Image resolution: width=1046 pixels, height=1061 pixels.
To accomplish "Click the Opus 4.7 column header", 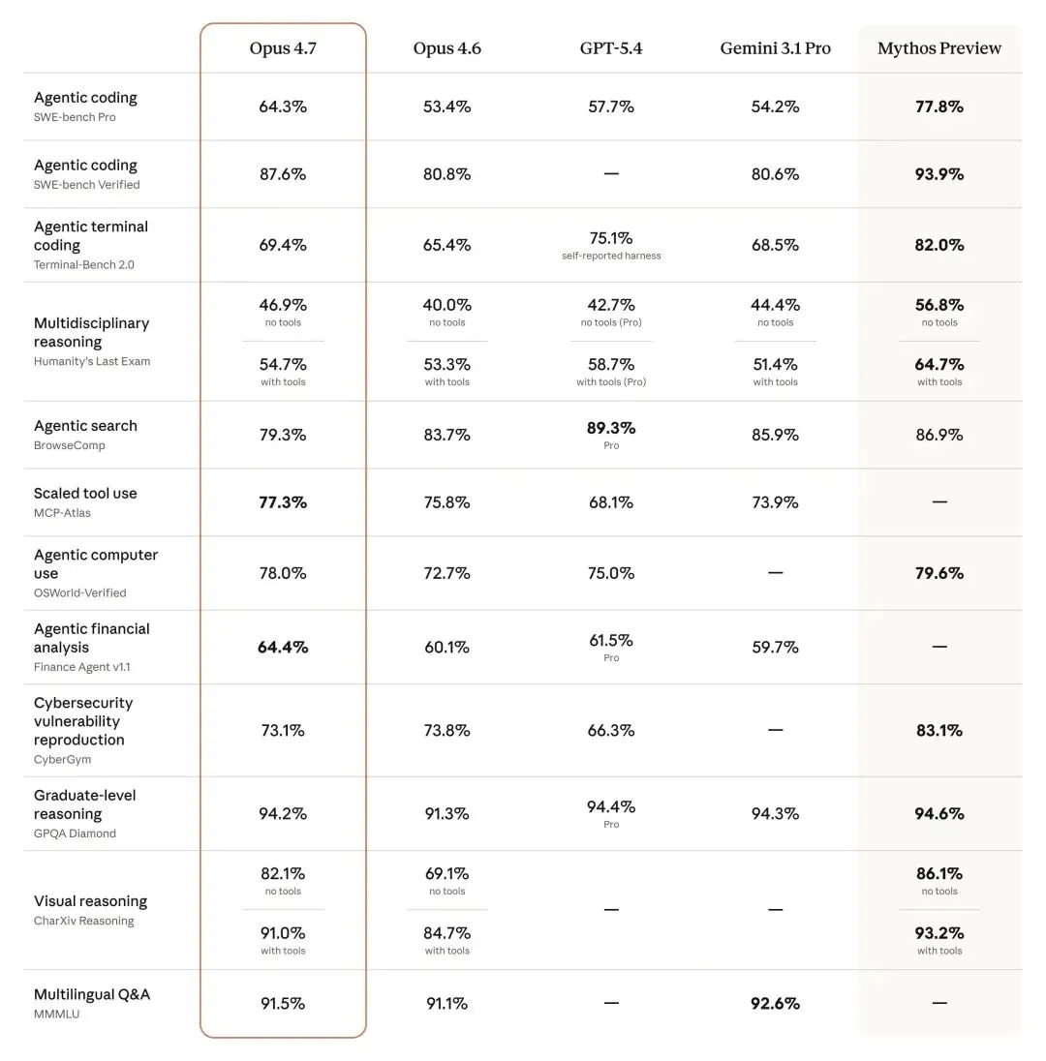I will (x=283, y=48).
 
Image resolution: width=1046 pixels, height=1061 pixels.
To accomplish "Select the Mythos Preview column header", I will (x=939, y=48).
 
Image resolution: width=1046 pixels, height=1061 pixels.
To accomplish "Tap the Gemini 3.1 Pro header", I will (x=775, y=48).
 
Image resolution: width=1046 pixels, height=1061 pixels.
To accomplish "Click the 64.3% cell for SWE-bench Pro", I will (x=283, y=106).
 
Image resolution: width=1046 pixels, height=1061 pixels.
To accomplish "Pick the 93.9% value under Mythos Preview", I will (x=939, y=174).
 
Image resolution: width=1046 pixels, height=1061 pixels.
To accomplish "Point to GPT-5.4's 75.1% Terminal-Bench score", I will (x=611, y=237).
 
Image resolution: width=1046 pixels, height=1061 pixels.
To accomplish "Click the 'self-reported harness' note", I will (x=611, y=256).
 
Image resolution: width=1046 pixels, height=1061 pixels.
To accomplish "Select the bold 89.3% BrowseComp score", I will (x=611, y=427).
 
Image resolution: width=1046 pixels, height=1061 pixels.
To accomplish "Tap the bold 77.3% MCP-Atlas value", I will (x=283, y=502).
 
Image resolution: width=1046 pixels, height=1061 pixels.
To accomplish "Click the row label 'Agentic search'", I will (x=85, y=426).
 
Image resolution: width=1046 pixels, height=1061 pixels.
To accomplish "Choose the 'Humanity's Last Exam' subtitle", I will (x=92, y=361).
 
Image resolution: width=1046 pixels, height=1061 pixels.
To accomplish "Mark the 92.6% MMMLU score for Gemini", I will (x=775, y=1004).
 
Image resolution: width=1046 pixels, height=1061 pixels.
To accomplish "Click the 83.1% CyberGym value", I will (x=939, y=731).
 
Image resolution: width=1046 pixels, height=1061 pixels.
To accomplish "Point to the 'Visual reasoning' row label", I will (x=91, y=901).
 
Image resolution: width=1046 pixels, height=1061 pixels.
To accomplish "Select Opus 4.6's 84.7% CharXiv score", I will (x=446, y=933).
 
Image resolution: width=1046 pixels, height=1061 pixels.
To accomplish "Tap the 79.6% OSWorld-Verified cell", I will (x=939, y=573).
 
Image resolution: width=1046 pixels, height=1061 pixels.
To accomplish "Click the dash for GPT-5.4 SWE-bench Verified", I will (x=611, y=174).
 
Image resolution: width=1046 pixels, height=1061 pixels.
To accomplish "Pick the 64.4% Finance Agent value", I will (x=283, y=647).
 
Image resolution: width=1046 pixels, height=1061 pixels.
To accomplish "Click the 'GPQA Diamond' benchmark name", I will (x=75, y=834).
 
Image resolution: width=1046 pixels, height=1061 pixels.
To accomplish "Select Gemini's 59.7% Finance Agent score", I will (x=775, y=647).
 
